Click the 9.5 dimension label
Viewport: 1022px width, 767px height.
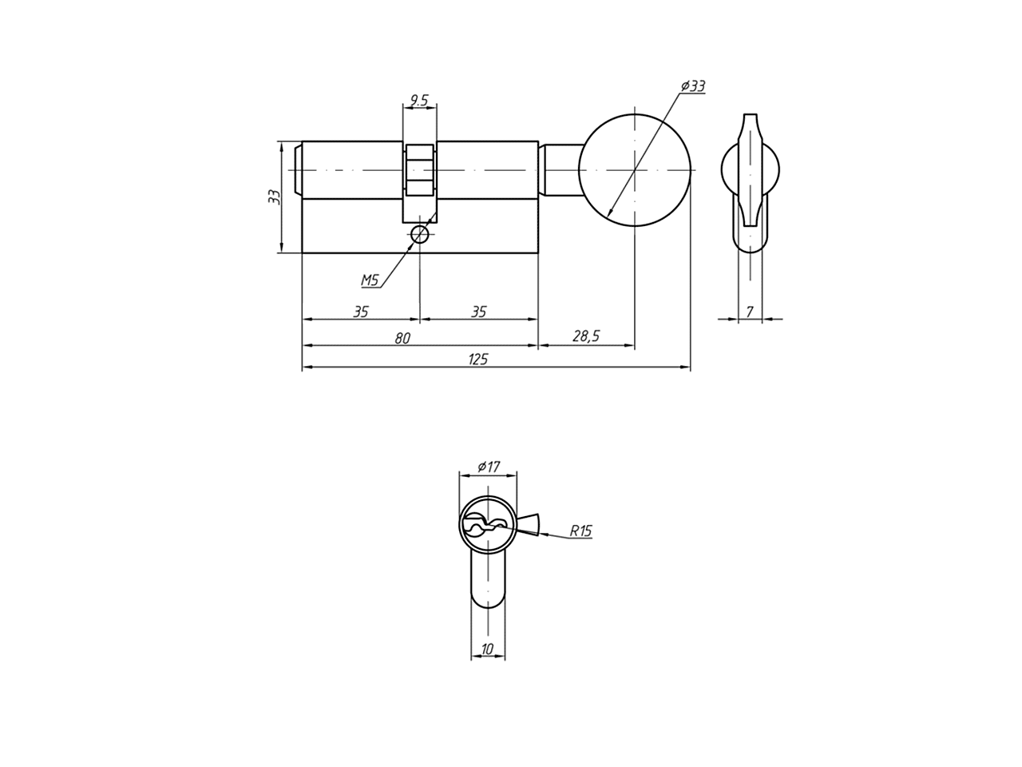click(418, 100)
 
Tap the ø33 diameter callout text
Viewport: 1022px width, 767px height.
click(693, 86)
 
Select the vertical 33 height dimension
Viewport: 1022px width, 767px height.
click(275, 197)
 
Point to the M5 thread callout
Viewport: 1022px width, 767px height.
click(370, 280)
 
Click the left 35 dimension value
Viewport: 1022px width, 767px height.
click(360, 312)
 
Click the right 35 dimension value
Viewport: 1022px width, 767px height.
click(478, 312)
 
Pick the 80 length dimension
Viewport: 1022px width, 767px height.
click(402, 338)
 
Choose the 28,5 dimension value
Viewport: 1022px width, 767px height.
click(586, 336)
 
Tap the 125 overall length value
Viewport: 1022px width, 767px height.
click(478, 359)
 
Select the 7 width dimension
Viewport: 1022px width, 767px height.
click(750, 312)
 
